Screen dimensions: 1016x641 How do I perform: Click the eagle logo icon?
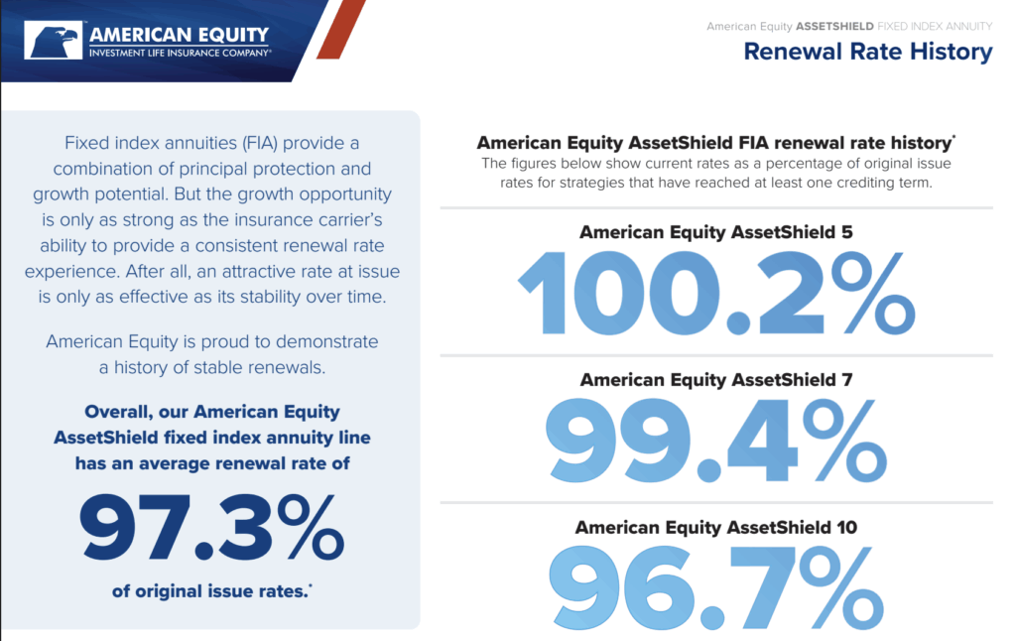[54, 40]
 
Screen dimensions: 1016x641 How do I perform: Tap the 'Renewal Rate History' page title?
[867, 52]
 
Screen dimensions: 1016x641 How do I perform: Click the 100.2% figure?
[716, 293]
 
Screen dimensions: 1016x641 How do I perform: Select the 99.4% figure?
[716, 441]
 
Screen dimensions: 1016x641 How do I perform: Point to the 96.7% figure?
[716, 587]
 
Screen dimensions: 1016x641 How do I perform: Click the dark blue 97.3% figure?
[211, 527]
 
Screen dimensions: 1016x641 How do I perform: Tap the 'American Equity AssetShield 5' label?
[716, 232]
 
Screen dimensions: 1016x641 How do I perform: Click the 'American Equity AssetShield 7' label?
[716, 379]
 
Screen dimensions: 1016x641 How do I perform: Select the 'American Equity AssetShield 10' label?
[716, 527]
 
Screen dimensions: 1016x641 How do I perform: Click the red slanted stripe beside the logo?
[341, 29]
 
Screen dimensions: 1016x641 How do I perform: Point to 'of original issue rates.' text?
[211, 591]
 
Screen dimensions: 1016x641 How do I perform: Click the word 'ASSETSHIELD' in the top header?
[834, 27]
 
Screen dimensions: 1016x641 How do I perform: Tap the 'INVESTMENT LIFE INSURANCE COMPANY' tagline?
[181, 53]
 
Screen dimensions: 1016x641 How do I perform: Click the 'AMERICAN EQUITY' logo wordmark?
[179, 35]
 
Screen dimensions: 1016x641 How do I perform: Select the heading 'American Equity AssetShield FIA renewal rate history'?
[714, 143]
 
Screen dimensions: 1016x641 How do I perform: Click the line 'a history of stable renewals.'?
[212, 367]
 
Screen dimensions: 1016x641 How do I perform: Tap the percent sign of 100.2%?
[873, 293]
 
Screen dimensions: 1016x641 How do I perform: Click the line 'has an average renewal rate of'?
[212, 463]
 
